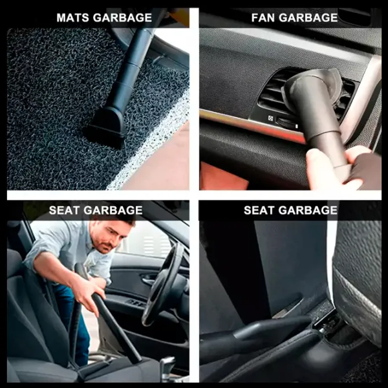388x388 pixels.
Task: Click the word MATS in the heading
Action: tap(72, 17)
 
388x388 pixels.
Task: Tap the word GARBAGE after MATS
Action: tap(122, 17)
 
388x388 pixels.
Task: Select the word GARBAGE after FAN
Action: tap(308, 17)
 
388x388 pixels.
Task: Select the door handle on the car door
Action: tap(149, 279)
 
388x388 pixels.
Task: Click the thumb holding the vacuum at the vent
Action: tap(316, 164)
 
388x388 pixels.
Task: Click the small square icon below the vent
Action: tap(270, 118)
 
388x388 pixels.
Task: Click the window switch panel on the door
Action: tap(136, 303)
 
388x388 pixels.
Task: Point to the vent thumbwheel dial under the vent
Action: tap(287, 122)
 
